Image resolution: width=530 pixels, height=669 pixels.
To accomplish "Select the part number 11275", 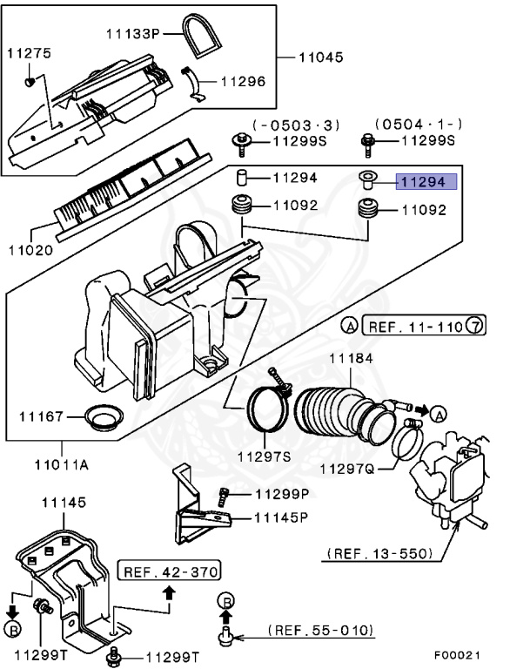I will (29, 53).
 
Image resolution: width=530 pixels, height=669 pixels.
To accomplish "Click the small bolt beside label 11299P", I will (224, 495).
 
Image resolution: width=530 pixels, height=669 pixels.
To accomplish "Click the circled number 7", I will (475, 327).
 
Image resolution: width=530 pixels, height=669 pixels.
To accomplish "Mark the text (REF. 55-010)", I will (321, 629).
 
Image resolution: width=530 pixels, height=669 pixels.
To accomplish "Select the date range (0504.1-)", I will (418, 125).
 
